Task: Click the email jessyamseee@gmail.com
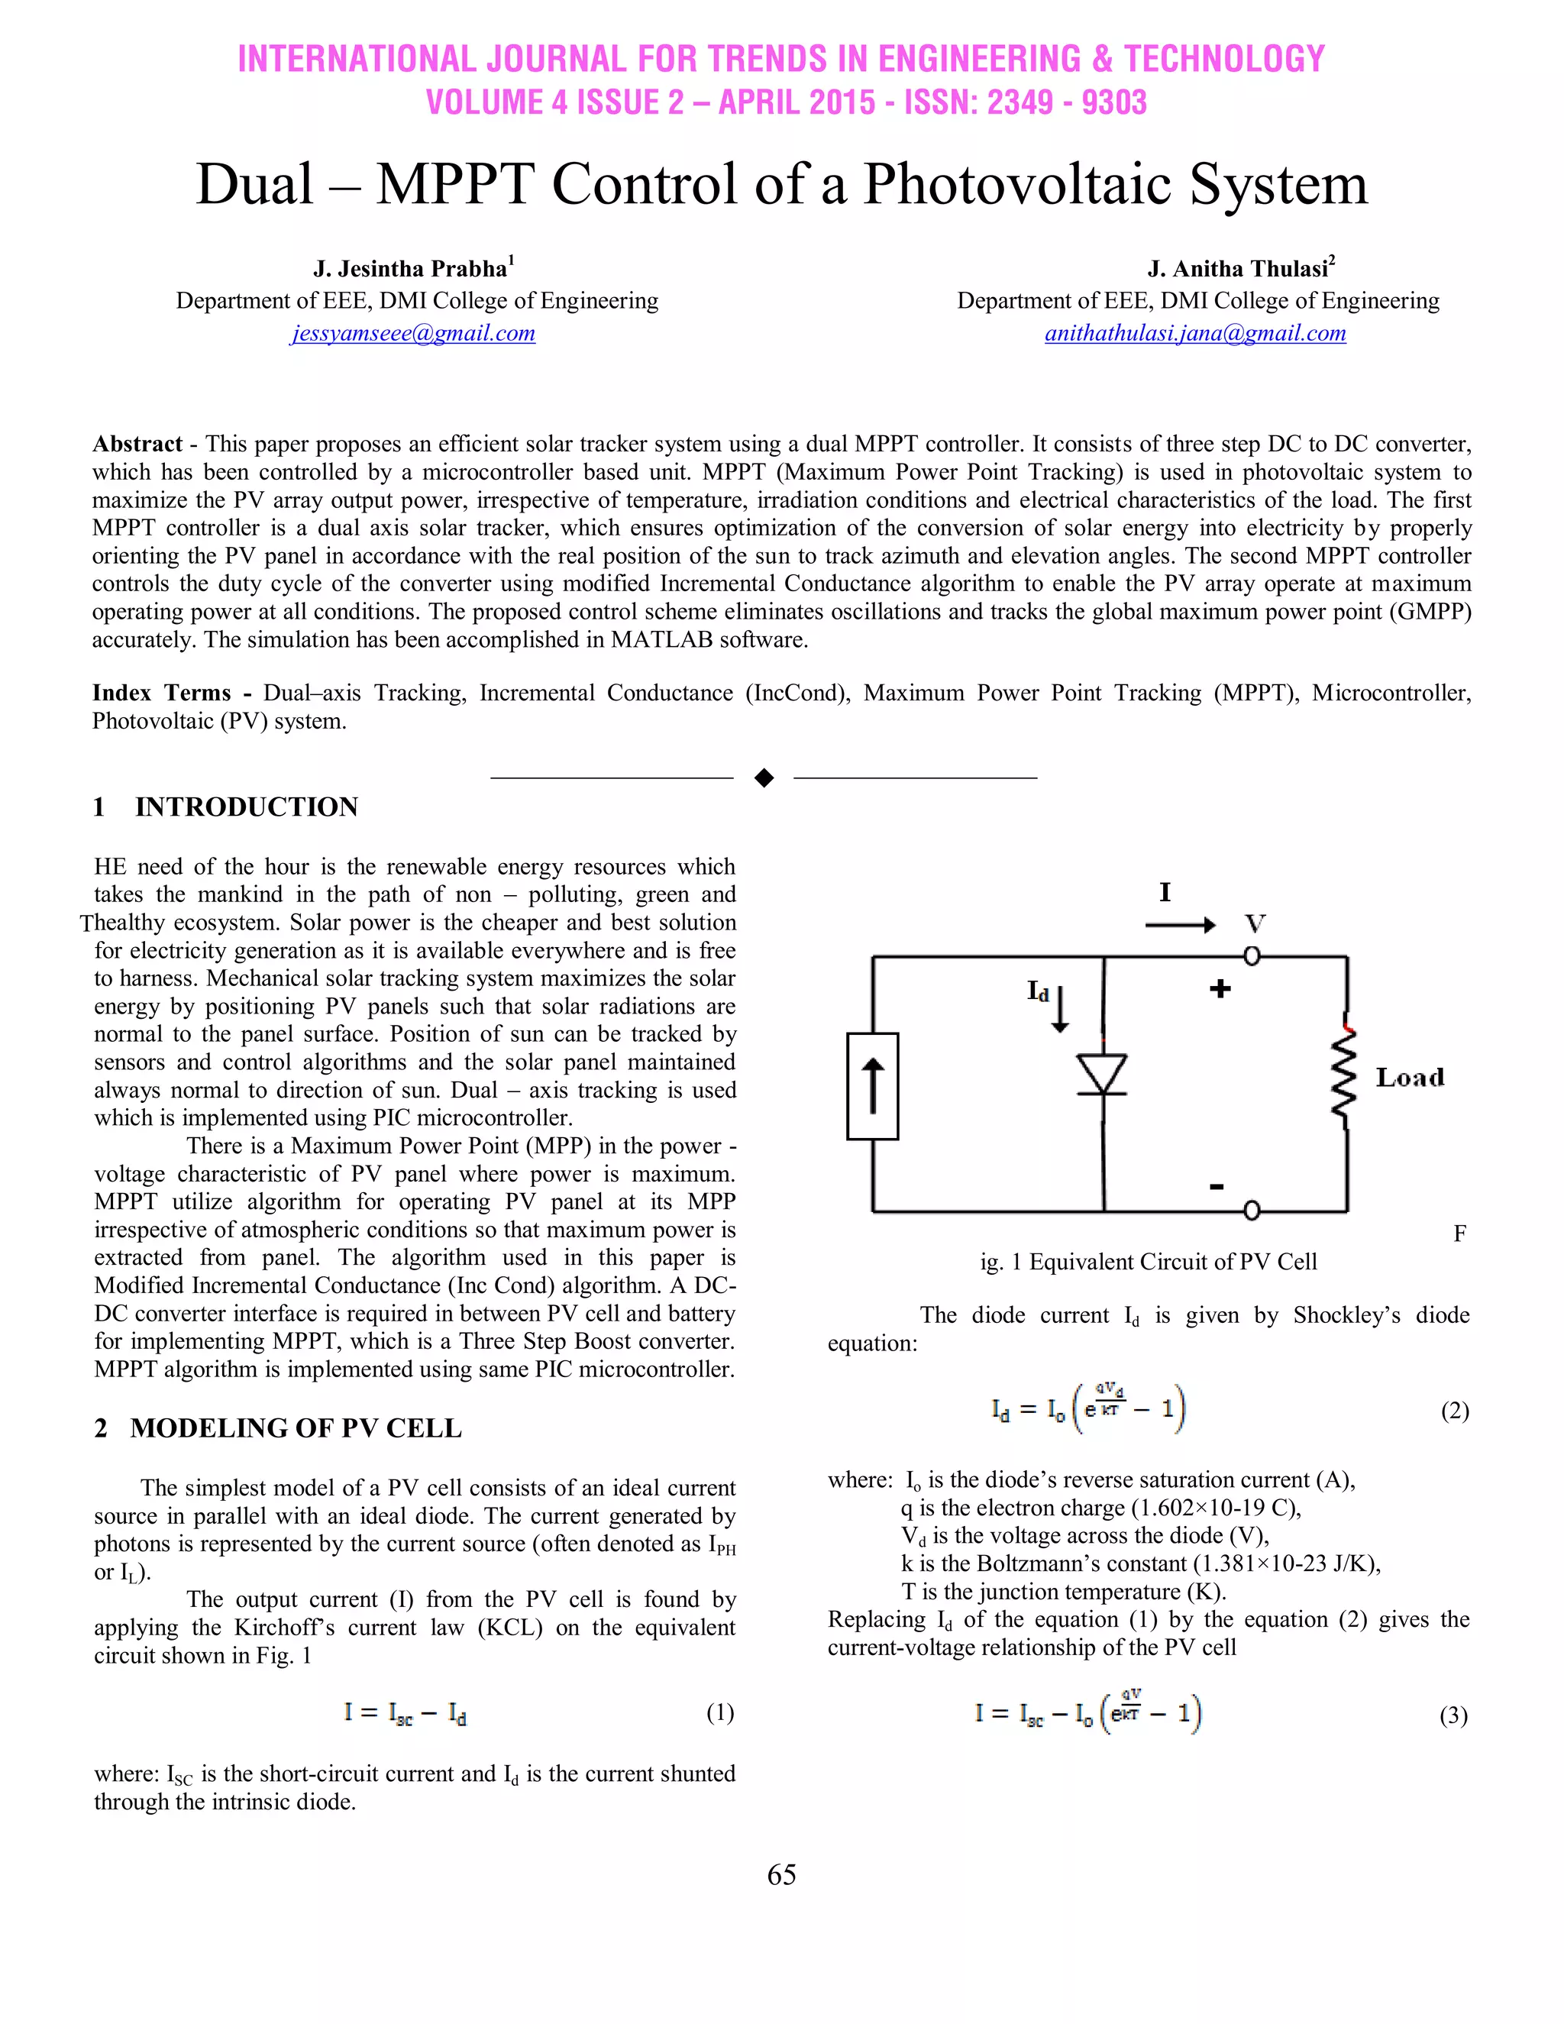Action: pos(413,334)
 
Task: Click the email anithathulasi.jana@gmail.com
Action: pos(1195,334)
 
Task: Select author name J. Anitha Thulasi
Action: pos(1238,270)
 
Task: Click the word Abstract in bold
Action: pos(137,444)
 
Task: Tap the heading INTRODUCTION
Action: pos(247,807)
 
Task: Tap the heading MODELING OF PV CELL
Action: pos(296,1428)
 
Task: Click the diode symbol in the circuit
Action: pos(1103,1075)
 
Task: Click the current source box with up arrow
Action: pos(873,1086)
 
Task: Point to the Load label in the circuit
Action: pos(1409,1078)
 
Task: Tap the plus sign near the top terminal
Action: pos(1220,990)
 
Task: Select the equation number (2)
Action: pos(1455,1411)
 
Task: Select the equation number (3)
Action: pos(1453,1715)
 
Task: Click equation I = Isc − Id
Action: pos(405,1712)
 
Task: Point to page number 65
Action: pos(781,1875)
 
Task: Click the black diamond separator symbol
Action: pos(764,778)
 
